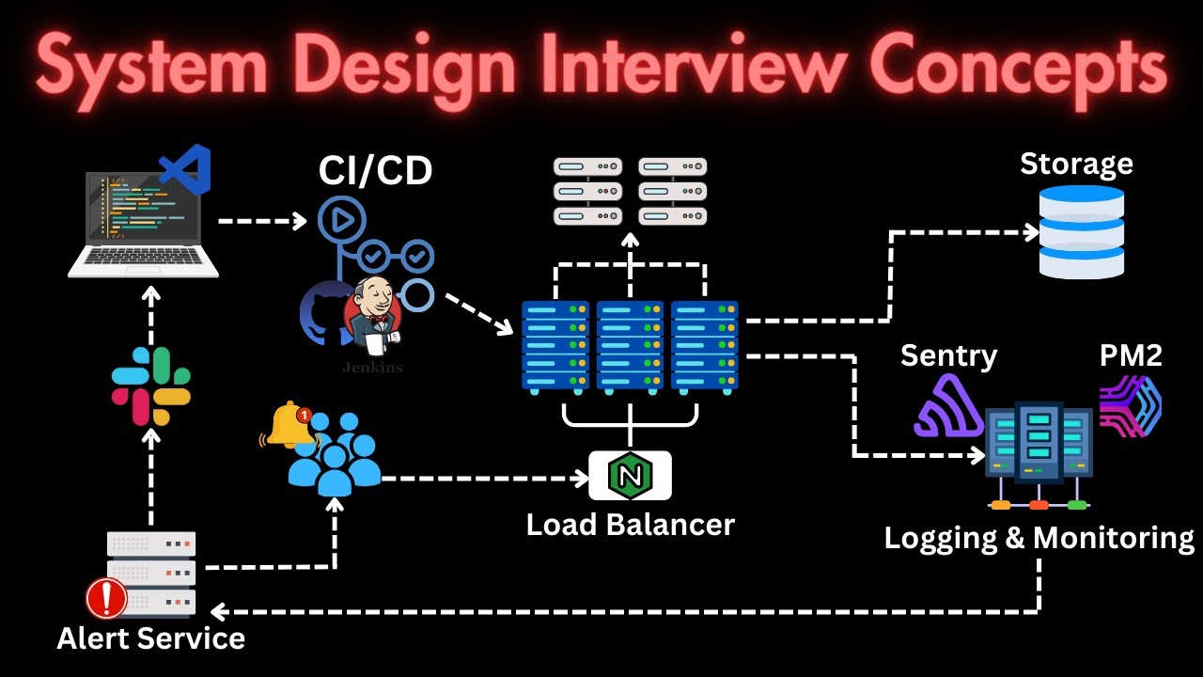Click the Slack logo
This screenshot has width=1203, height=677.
click(151, 386)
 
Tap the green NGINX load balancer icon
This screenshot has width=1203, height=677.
click(630, 475)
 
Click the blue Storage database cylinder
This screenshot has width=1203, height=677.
click(1081, 231)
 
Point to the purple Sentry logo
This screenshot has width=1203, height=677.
click(946, 406)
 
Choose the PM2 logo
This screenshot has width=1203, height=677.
click(1131, 406)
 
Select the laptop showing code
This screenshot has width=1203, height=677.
click(143, 224)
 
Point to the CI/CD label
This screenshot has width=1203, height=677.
click(375, 171)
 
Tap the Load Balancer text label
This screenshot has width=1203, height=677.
click(630, 524)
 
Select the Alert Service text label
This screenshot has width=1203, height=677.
click(150, 638)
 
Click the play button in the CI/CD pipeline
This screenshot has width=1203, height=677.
click(340, 220)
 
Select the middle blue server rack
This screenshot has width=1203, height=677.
click(630, 346)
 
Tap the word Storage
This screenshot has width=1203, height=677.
click(1076, 164)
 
